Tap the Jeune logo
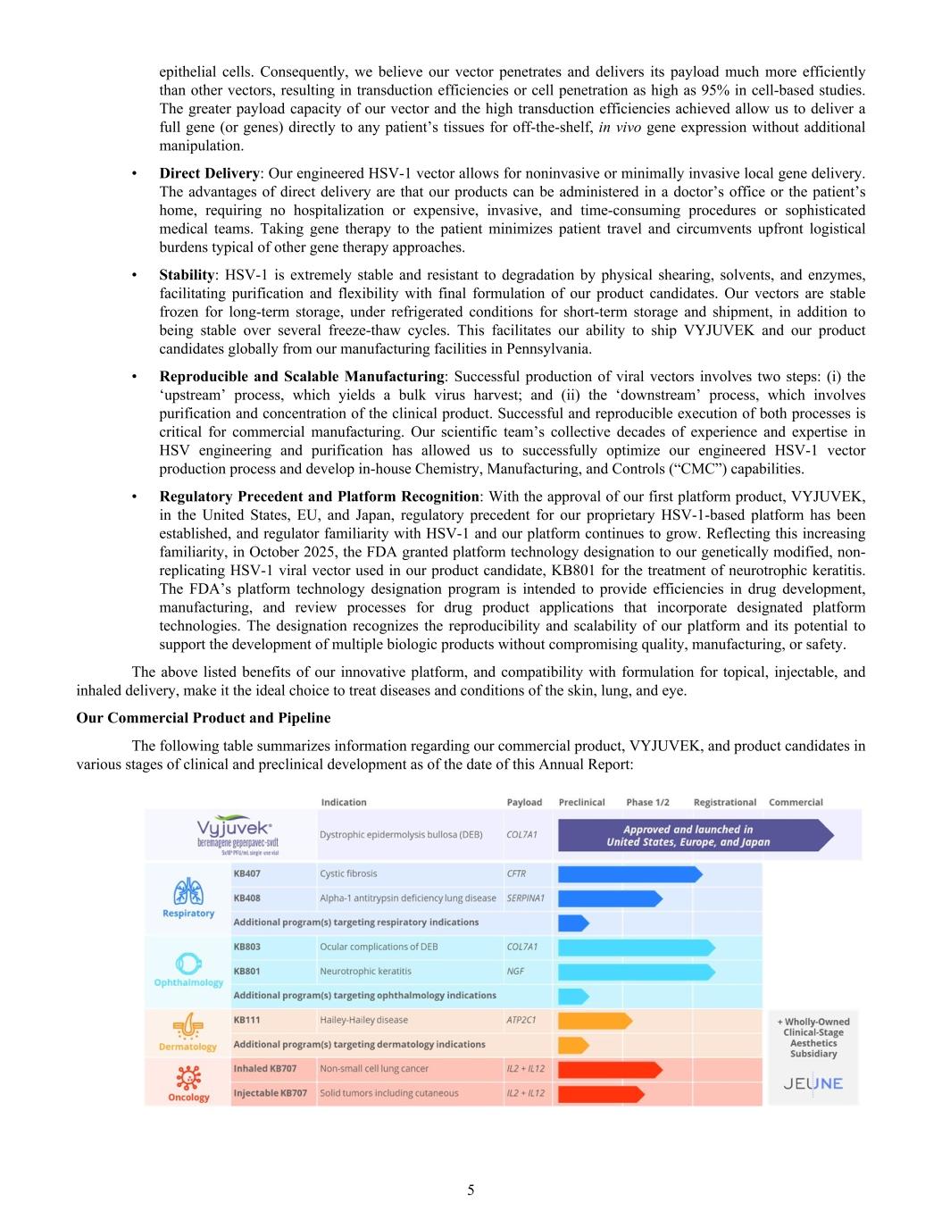[813, 1083]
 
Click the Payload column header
[524, 802]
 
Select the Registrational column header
[724, 802]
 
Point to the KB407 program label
[247, 873]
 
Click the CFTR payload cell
[516, 873]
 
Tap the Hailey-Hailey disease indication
[363, 1020]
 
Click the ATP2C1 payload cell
[521, 1020]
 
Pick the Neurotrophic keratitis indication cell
[365, 971]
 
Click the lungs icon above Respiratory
[188, 891]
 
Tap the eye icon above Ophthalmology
[188, 964]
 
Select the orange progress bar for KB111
[594, 1020]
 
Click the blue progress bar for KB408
[609, 898]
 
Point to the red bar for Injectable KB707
[600, 1093]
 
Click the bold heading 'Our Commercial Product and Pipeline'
[204, 718]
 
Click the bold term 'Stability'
[187, 274]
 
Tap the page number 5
[471, 1190]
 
